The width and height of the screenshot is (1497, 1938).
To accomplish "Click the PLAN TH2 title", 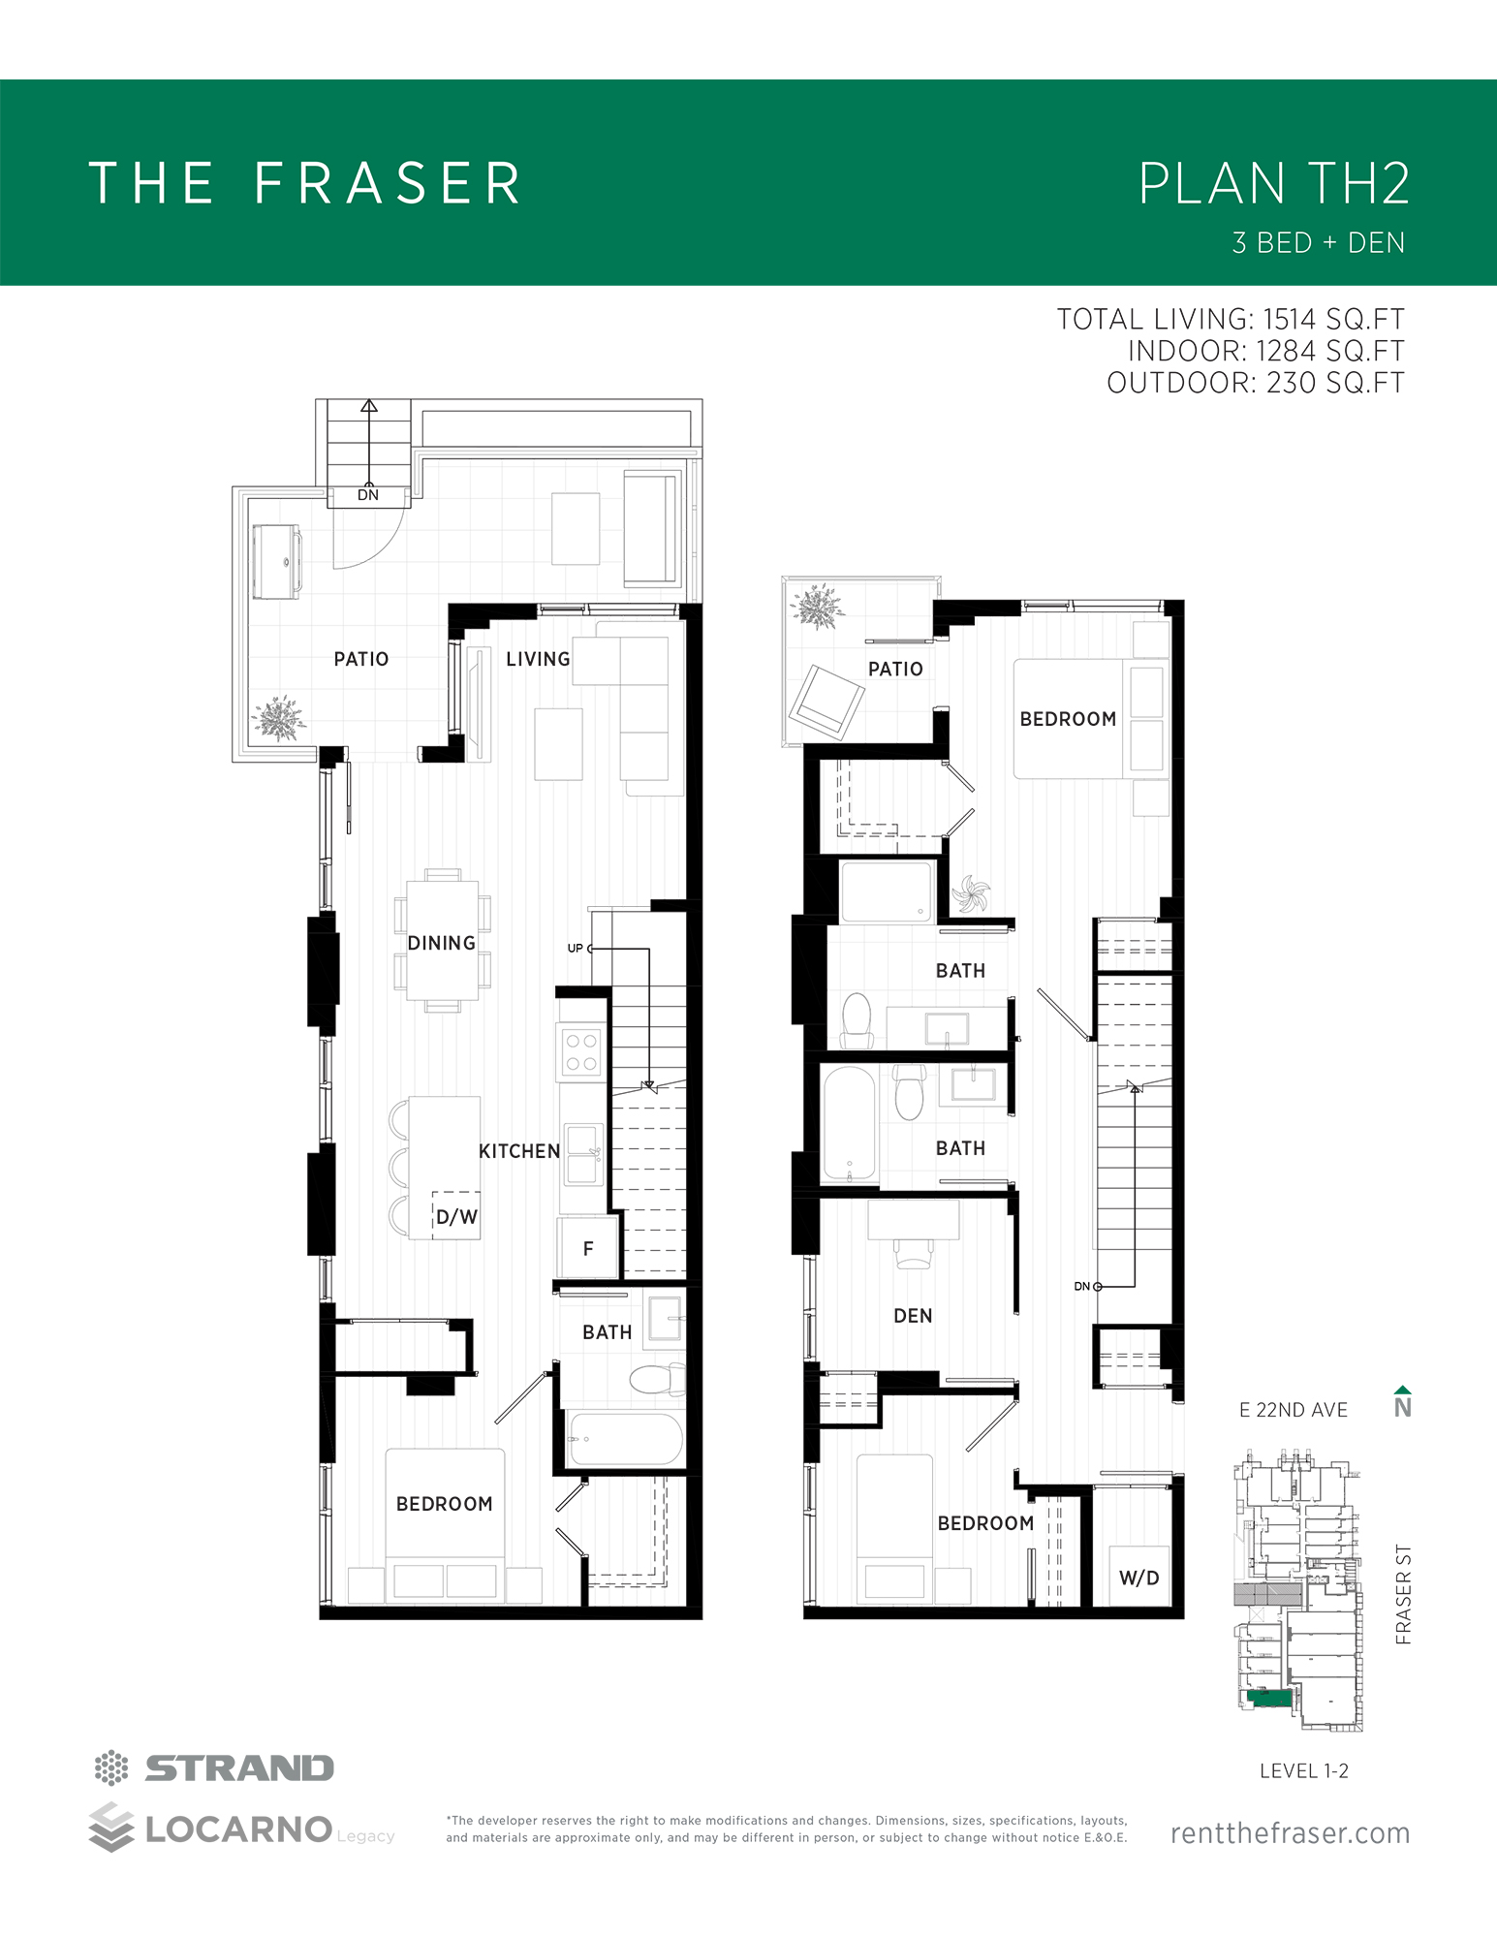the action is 1273,183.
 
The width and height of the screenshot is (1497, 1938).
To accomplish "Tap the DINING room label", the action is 442,943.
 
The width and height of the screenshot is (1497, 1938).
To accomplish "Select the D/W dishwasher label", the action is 456,1217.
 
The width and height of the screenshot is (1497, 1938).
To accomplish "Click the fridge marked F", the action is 588,1248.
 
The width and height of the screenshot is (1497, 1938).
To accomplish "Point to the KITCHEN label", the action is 519,1151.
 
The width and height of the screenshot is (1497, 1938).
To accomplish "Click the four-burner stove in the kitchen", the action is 581,1052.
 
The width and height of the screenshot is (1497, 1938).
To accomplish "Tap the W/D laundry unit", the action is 1138,1578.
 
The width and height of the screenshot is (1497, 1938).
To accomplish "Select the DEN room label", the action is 913,1316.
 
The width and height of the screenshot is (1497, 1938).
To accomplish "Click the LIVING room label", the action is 538,659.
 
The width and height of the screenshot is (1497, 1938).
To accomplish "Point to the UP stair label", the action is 576,949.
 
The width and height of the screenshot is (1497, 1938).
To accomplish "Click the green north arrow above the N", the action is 1402,1390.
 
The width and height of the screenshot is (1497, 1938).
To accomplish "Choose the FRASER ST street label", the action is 1403,1594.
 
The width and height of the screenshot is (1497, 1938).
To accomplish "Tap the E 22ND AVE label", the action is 1294,1410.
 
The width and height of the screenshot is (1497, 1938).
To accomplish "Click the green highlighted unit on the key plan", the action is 1269,1698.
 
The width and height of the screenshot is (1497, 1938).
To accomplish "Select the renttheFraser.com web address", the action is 1290,1833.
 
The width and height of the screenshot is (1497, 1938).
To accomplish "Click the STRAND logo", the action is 214,1768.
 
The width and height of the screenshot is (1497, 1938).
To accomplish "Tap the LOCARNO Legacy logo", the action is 241,1829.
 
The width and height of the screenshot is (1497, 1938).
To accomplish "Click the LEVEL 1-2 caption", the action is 1304,1770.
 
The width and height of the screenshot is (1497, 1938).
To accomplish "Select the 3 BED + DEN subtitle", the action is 1318,242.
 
